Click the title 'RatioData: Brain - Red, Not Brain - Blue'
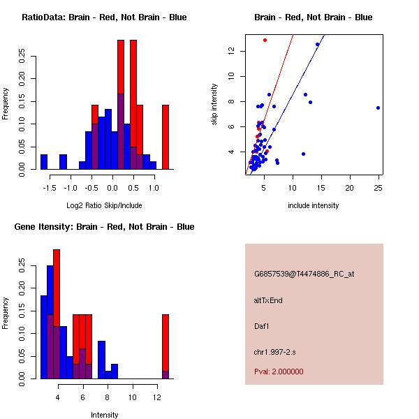(104, 17)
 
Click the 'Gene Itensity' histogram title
(104, 226)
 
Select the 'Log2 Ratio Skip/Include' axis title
(104, 205)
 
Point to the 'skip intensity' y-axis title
(214, 105)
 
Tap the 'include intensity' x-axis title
(314, 205)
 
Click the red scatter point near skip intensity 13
(265, 40)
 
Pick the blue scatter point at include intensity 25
(378, 108)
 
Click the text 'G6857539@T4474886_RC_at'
(304, 274)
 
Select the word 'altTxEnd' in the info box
(269, 300)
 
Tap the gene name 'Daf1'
(262, 325)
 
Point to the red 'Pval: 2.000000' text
(279, 372)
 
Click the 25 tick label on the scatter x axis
(378, 187)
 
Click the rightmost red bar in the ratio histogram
(166, 137)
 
